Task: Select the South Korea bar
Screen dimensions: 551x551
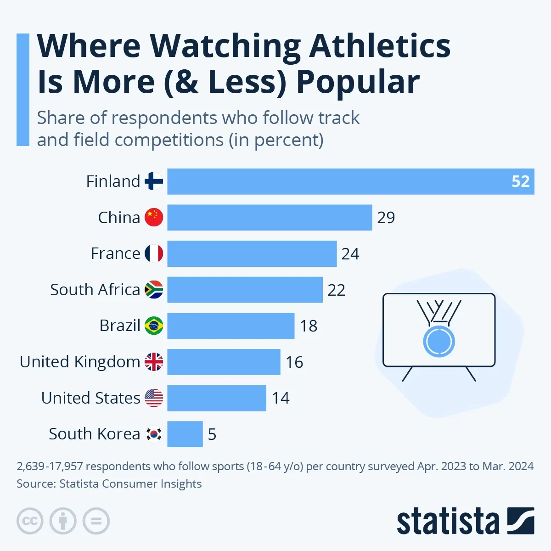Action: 185,434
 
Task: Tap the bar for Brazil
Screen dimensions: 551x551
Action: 231,326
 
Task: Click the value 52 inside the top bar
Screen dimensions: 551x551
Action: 520,181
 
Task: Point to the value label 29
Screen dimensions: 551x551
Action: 386,218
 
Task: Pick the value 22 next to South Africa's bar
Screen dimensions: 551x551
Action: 336,290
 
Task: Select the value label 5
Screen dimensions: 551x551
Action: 212,434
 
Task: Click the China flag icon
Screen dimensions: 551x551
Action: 154,217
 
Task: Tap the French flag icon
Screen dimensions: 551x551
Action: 154,253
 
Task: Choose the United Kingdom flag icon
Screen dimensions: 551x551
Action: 154,362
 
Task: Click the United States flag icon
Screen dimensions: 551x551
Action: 154,398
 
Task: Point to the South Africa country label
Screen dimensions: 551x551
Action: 95,290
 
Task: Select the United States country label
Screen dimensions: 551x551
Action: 90,398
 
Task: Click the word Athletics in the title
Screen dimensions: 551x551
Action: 380,46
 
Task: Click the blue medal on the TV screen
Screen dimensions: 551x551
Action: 439,342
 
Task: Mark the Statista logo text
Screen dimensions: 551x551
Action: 448,522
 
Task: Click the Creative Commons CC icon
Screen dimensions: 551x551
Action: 30,521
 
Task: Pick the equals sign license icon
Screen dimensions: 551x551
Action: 96,521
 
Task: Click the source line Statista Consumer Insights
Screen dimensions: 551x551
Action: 130,484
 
